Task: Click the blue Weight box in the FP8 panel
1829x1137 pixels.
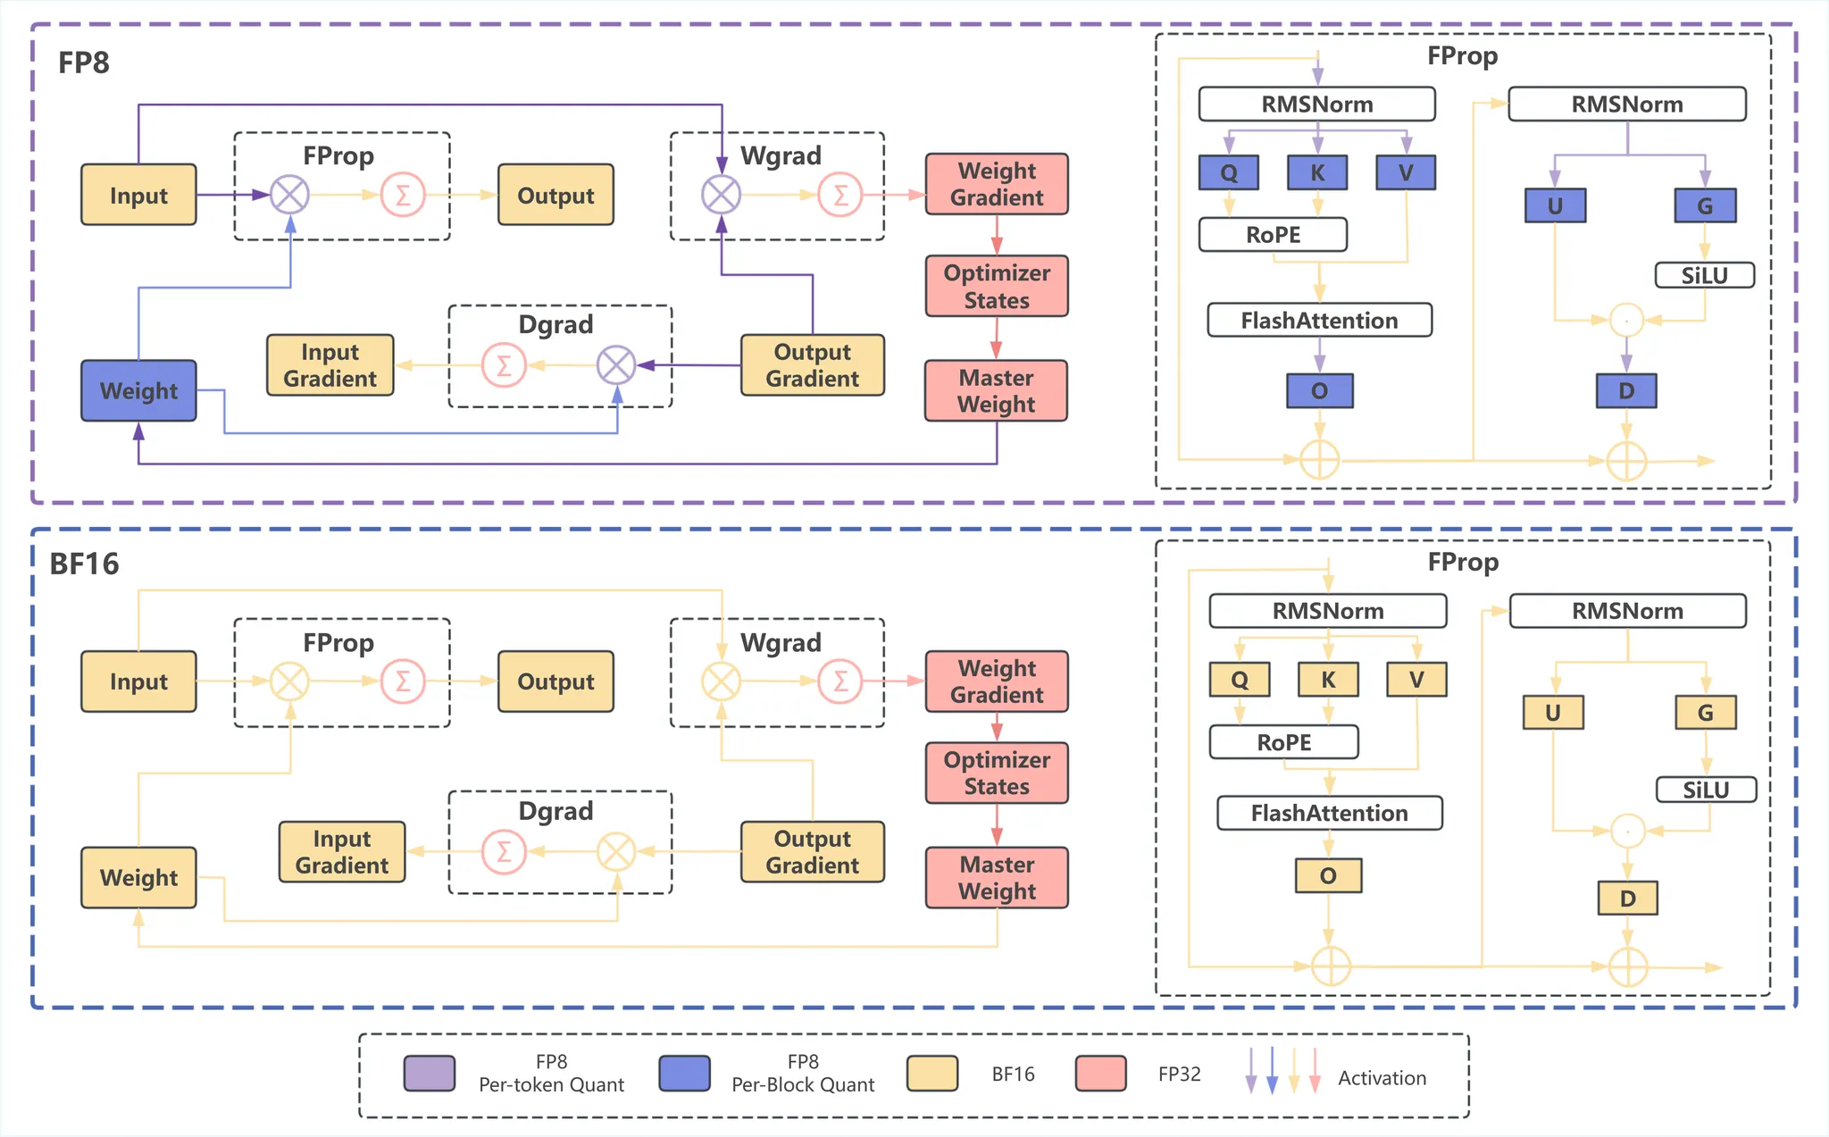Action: tap(138, 390)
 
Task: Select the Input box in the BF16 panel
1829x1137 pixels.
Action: tap(138, 681)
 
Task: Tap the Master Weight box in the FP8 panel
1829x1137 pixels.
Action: tap(996, 390)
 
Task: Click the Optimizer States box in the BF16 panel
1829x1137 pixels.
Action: tap(997, 773)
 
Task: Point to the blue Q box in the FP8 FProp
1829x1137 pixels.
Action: tap(1229, 172)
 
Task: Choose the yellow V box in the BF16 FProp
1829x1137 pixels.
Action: tap(1416, 680)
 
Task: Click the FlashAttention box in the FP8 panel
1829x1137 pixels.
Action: tap(1319, 320)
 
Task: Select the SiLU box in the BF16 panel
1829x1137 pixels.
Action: tap(1706, 790)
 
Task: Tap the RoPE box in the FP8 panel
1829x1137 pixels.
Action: tap(1273, 235)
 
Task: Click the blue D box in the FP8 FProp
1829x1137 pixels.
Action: tap(1626, 390)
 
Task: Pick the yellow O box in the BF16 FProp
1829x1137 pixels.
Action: tap(1328, 875)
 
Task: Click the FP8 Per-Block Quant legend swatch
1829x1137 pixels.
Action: tap(684, 1074)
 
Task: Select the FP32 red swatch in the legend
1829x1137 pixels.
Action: tap(1100, 1074)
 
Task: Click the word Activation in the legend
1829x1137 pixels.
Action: tap(1382, 1078)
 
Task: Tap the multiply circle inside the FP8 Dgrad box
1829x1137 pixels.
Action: tap(616, 364)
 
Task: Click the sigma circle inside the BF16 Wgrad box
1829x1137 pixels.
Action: tap(840, 681)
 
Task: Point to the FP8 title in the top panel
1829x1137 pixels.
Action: tap(84, 63)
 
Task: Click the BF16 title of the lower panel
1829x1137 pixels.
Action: tap(84, 564)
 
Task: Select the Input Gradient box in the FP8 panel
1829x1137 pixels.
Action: tap(330, 364)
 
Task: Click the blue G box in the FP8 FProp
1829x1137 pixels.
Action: tap(1705, 205)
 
